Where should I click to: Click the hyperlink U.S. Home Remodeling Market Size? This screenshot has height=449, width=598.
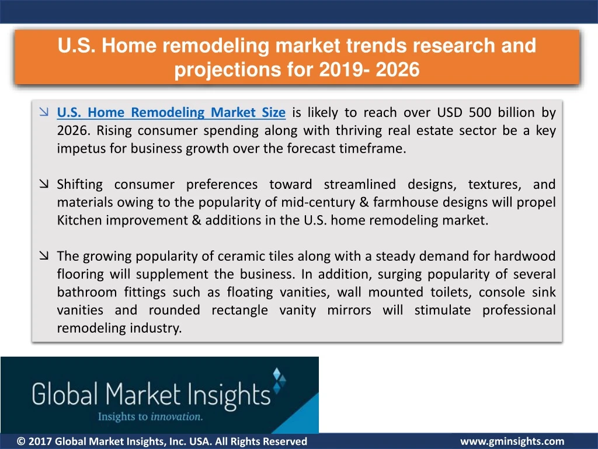point(171,112)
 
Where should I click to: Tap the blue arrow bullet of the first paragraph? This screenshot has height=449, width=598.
point(44,112)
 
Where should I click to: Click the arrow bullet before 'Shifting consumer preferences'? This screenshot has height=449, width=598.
point(44,184)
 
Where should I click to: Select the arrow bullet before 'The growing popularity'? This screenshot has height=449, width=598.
point(44,255)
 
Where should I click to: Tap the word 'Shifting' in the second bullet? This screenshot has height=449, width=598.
point(79,184)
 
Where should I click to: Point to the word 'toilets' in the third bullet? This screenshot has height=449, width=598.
point(451,292)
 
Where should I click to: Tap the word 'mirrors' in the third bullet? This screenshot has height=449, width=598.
point(349,310)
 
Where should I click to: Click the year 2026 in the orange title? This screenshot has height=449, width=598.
point(397,70)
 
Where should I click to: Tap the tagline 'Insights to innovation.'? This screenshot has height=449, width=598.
point(150,416)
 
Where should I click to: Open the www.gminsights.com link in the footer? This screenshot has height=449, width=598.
point(512,441)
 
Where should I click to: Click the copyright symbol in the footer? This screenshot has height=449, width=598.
point(22,441)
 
